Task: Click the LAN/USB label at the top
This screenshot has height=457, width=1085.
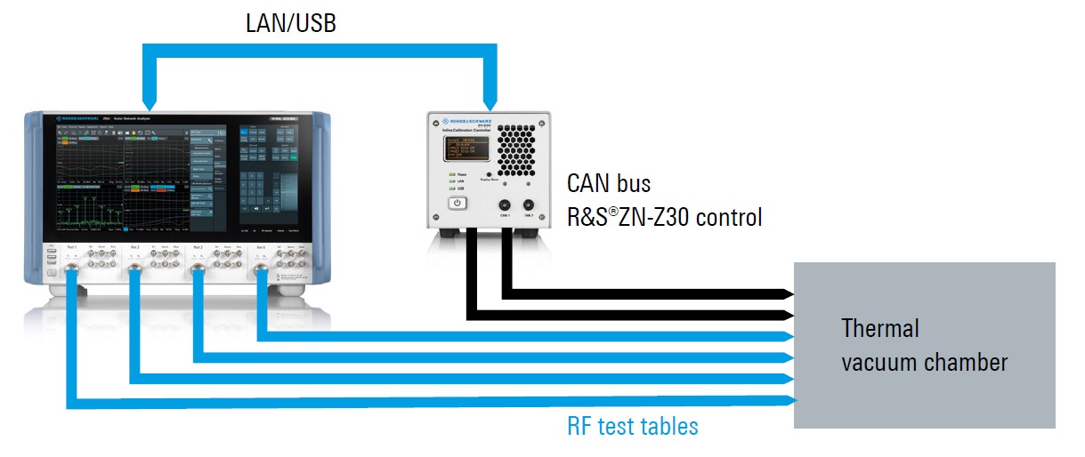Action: point(290,24)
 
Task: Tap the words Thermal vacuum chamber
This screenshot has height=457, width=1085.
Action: point(924,345)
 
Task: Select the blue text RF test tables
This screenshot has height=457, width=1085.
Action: point(632,427)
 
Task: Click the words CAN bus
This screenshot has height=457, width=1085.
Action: point(609,185)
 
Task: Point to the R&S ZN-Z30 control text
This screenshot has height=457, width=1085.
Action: point(664,217)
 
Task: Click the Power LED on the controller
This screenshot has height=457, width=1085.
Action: point(454,173)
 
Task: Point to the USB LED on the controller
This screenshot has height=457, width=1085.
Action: point(454,188)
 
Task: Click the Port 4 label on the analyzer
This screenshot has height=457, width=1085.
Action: point(260,246)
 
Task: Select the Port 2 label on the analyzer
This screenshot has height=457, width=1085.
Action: point(197,246)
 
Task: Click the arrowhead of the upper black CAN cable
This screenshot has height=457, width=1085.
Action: point(788,293)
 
